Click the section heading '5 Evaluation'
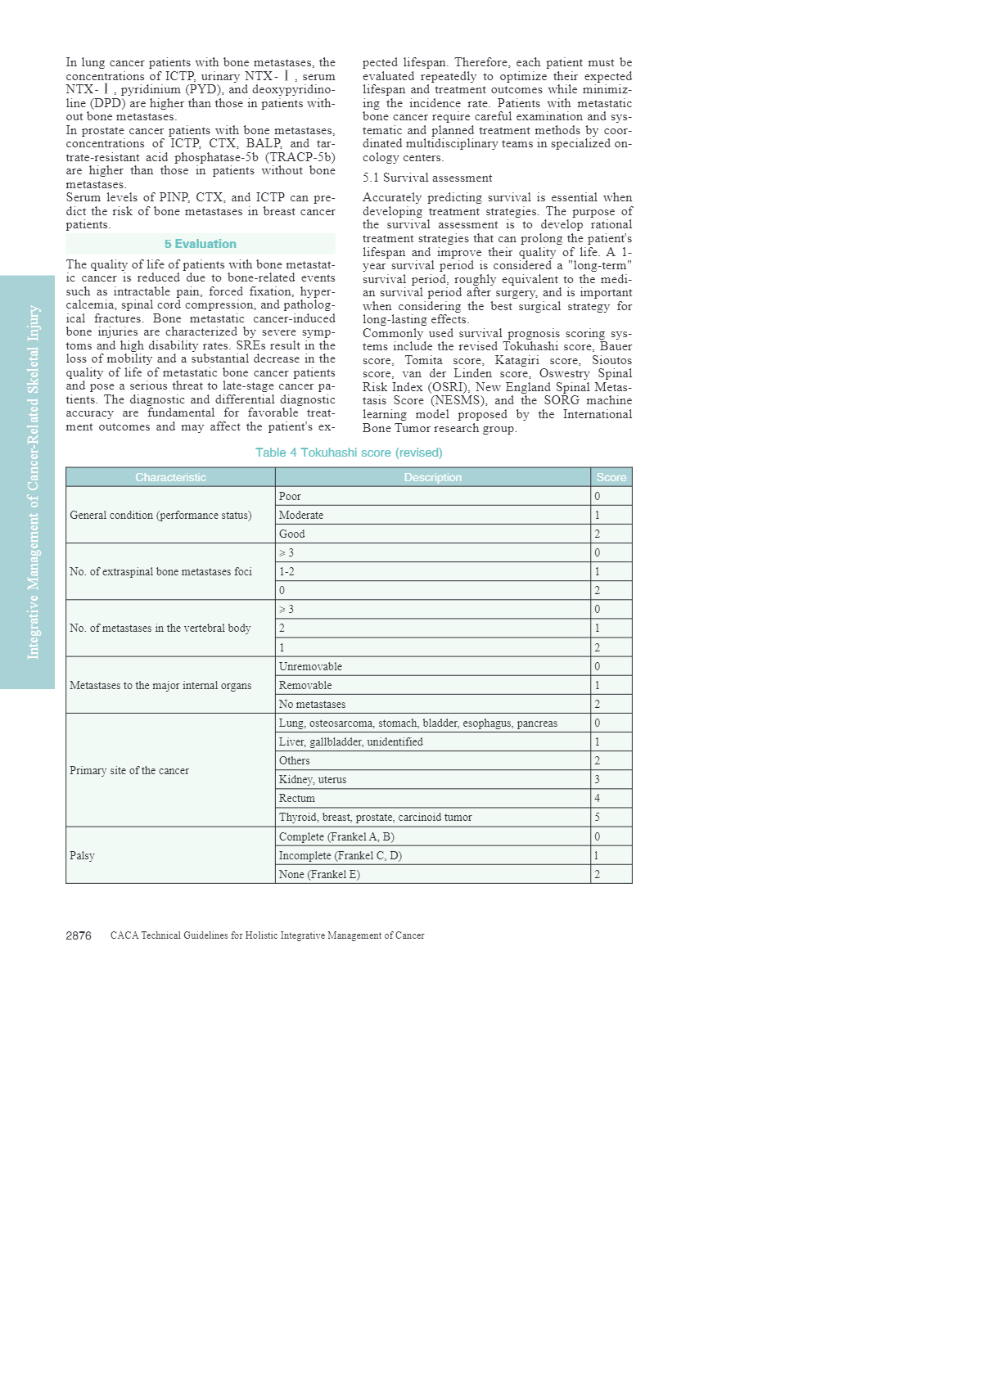click(x=200, y=244)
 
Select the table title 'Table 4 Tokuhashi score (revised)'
click(x=349, y=453)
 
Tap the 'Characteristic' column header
click(x=170, y=477)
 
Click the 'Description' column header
click(x=432, y=477)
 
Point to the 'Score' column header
click(x=611, y=477)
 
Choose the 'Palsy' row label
click(x=82, y=855)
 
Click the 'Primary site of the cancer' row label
click(x=129, y=770)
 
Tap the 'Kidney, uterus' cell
click(x=313, y=779)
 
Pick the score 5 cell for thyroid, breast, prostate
click(x=598, y=817)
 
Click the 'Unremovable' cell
click(x=310, y=666)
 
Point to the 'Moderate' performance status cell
click(x=301, y=515)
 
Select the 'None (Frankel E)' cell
click(x=319, y=874)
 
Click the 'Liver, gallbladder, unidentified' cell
click(x=351, y=741)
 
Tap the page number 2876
click(x=79, y=935)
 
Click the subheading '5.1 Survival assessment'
click(x=427, y=178)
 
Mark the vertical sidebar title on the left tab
click(x=33, y=482)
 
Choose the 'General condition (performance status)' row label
click(x=160, y=515)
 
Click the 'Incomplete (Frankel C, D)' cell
click(x=341, y=855)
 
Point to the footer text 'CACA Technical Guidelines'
click(x=267, y=935)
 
